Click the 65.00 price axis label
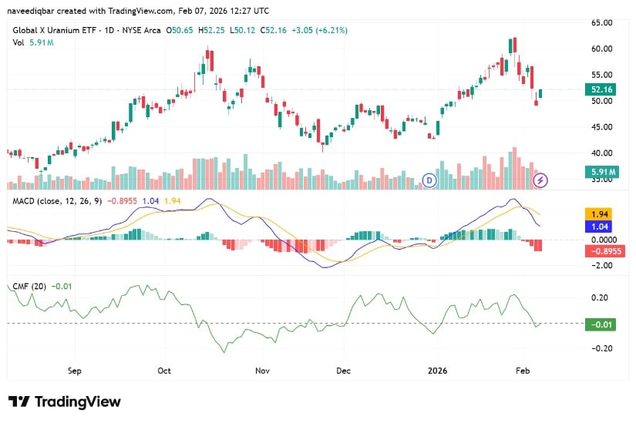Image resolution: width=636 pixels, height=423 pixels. click(x=602, y=22)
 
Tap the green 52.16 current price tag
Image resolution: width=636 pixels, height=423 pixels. click(x=601, y=89)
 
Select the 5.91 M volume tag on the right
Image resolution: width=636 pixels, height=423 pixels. click(x=602, y=171)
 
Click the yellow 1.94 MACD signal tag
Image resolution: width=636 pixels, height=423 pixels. click(x=599, y=213)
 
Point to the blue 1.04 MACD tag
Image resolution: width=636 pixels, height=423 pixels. click(x=599, y=227)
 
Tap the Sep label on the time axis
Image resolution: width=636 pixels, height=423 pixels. click(x=74, y=370)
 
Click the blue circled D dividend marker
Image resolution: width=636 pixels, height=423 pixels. click(x=429, y=180)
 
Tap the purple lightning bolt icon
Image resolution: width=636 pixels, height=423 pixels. click(x=541, y=180)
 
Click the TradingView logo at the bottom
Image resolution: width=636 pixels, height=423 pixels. click(x=64, y=401)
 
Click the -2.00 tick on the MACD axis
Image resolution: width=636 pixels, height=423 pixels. click(x=602, y=265)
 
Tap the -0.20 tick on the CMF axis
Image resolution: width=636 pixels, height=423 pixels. click(x=602, y=348)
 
